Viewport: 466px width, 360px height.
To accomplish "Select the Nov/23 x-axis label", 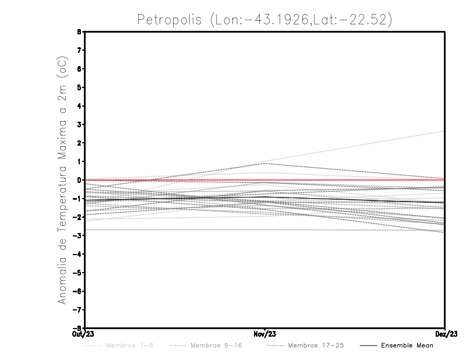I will tap(265, 334).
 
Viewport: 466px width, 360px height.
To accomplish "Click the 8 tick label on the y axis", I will tap(79, 31).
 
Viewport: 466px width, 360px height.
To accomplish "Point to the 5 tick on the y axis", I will tap(79, 87).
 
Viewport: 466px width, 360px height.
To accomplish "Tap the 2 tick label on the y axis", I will tap(79, 143).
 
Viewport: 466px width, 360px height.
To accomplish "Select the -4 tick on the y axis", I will tap(77, 254).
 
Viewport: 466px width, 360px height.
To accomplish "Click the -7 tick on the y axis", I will tap(77, 309).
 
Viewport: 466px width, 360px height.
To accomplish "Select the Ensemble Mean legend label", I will tap(407, 345).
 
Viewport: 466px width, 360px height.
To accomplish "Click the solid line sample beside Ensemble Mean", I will tap(368, 345).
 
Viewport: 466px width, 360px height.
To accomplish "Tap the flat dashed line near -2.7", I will tap(175, 230).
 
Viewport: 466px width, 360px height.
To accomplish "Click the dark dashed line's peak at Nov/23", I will tap(265, 163).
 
